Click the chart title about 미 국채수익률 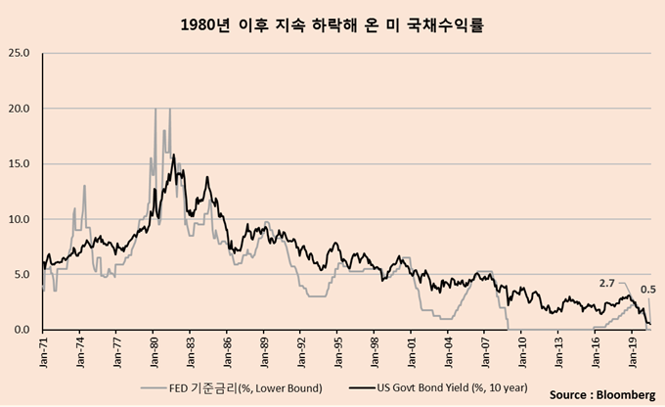[x=332, y=23]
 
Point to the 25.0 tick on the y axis [x=20, y=52]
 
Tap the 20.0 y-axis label [x=20, y=108]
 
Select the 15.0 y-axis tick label [x=20, y=163]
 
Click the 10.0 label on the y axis [x=20, y=219]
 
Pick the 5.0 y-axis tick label [x=22, y=275]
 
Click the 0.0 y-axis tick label [x=22, y=330]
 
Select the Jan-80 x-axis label [x=155, y=351]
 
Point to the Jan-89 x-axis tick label [x=265, y=351]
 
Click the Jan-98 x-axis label [x=375, y=351]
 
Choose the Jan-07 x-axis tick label [x=485, y=351]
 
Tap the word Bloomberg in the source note [x=625, y=394]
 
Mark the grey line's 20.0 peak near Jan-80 [x=155, y=109]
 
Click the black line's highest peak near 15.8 [x=173, y=155]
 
